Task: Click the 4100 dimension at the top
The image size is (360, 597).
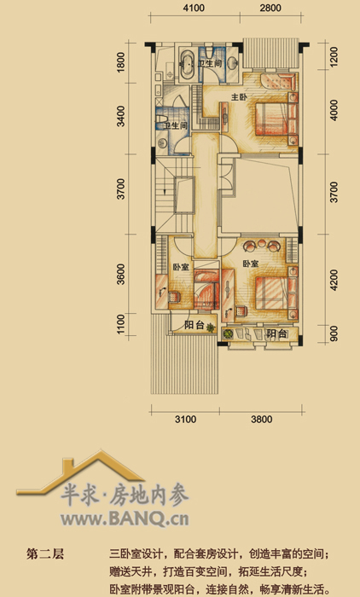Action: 194,8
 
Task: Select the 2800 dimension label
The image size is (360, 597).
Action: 270,8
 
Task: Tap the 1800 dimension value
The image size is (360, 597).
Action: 121,62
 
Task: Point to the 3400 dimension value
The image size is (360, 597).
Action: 121,116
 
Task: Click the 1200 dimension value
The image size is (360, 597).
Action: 334,57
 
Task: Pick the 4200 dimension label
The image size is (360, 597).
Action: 334,280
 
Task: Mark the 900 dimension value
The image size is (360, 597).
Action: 334,333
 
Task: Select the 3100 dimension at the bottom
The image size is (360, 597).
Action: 185,420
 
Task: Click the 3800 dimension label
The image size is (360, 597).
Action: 262,420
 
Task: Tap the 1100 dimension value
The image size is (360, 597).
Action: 121,324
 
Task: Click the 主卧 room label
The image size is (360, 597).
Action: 239,97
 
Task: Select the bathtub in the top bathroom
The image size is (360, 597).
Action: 187,64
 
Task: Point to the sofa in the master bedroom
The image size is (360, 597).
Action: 278,81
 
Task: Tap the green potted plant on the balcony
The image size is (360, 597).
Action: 228,334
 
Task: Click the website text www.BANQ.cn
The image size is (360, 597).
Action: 125,519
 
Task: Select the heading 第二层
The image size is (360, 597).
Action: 45,554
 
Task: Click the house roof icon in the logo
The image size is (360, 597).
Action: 80,472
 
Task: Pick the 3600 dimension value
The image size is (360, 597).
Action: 121,274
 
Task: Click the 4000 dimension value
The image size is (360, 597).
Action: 334,110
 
